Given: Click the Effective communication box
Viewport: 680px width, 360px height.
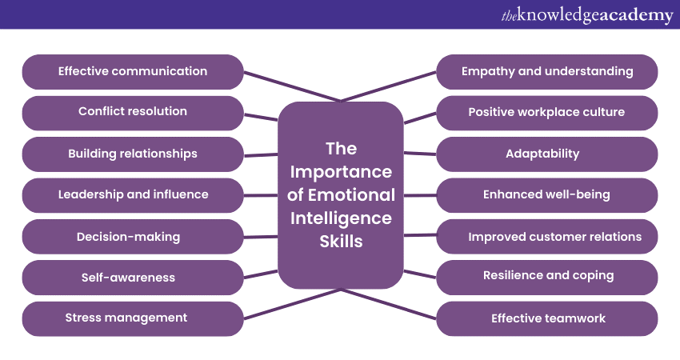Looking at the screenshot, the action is [x=133, y=71].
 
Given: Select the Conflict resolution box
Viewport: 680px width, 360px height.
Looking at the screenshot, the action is [x=133, y=113].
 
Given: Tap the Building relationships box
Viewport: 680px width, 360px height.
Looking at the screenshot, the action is [x=133, y=154].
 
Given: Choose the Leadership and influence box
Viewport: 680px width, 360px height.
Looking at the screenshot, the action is [x=133, y=195].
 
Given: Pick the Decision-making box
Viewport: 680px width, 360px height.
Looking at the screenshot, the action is [x=133, y=236].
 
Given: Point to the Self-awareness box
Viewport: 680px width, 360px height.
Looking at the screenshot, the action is [x=133, y=278].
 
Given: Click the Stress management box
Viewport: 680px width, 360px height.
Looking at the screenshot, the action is [x=133, y=318].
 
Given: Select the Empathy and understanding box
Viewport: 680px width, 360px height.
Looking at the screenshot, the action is [x=547, y=71].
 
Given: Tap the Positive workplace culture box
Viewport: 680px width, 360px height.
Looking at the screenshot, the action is [x=547, y=113].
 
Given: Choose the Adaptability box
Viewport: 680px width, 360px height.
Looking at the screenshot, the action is [x=547, y=154].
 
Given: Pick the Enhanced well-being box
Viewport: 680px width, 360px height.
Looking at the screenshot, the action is [x=547, y=195].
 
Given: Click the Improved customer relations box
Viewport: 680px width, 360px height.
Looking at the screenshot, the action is [x=547, y=236].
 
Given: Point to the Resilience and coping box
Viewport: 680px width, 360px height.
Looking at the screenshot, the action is [x=547, y=278].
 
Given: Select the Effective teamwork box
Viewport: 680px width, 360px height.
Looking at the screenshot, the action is [x=547, y=318].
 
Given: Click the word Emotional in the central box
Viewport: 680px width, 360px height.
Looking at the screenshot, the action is [x=352, y=195].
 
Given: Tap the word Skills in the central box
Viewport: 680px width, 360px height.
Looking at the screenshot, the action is [x=341, y=242].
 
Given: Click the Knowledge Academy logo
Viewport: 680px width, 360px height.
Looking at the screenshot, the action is [x=587, y=14].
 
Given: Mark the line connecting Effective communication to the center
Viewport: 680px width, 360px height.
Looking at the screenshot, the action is [x=292, y=86].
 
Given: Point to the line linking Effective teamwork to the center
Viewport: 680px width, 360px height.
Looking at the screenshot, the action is [x=389, y=304].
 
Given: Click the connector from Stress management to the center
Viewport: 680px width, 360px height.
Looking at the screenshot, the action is [x=292, y=304].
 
